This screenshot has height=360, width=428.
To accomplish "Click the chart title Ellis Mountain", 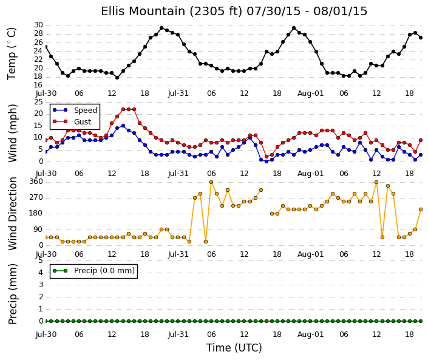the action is point(144,11).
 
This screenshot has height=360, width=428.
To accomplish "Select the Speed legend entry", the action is point(75,110).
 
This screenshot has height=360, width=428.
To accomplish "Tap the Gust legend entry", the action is point(72,122).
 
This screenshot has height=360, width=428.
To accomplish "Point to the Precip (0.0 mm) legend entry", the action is point(93,271).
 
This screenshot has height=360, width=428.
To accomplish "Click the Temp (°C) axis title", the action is point(12,54).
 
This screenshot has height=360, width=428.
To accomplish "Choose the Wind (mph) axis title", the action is point(12,133).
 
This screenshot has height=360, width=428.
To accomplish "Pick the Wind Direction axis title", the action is point(13,214).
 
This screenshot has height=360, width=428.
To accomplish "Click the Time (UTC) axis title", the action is point(234,348).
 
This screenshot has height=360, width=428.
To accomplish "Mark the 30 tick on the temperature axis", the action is point(38,25).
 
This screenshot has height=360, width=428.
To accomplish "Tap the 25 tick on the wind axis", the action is point(38,102).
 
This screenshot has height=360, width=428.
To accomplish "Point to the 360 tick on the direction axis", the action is point(36,182).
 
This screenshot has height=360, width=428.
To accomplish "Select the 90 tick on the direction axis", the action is point(38,229).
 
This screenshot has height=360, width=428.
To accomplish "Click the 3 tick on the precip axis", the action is point(41,285).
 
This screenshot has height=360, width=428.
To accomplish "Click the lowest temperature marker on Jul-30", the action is point(117,78).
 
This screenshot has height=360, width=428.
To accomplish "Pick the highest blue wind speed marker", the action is point(123,126).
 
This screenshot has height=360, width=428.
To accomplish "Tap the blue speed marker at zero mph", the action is point(267,161).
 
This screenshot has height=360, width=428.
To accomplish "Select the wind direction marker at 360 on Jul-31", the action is point(211,182).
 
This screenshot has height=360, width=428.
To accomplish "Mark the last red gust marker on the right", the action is point(421,140).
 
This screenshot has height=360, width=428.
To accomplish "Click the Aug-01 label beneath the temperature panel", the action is point(310,93).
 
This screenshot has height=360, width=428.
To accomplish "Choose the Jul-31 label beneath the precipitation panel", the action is point(178,335).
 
